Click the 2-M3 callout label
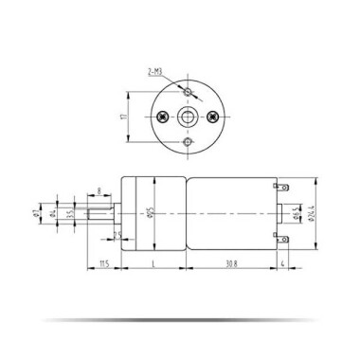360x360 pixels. coord(154,71)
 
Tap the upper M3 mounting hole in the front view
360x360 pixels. coord(189,92)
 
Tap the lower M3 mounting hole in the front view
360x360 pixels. coord(189,142)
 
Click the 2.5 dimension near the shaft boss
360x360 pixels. coord(117,234)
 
